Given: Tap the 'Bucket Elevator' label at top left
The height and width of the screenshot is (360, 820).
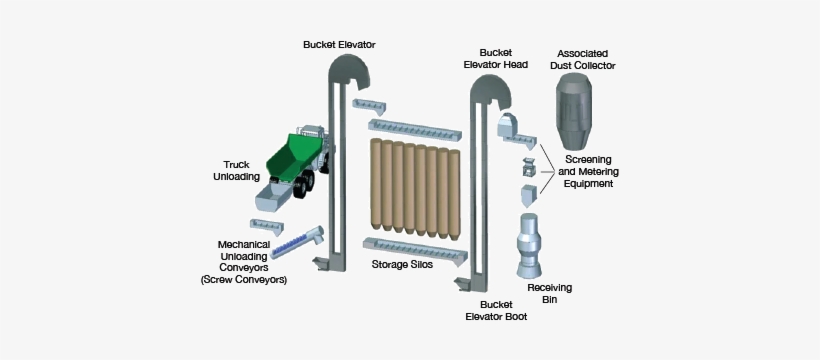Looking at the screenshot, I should [340, 44].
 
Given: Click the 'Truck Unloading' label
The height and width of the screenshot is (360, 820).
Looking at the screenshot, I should [236, 170].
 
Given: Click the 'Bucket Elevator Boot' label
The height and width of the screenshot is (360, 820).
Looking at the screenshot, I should [497, 309].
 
